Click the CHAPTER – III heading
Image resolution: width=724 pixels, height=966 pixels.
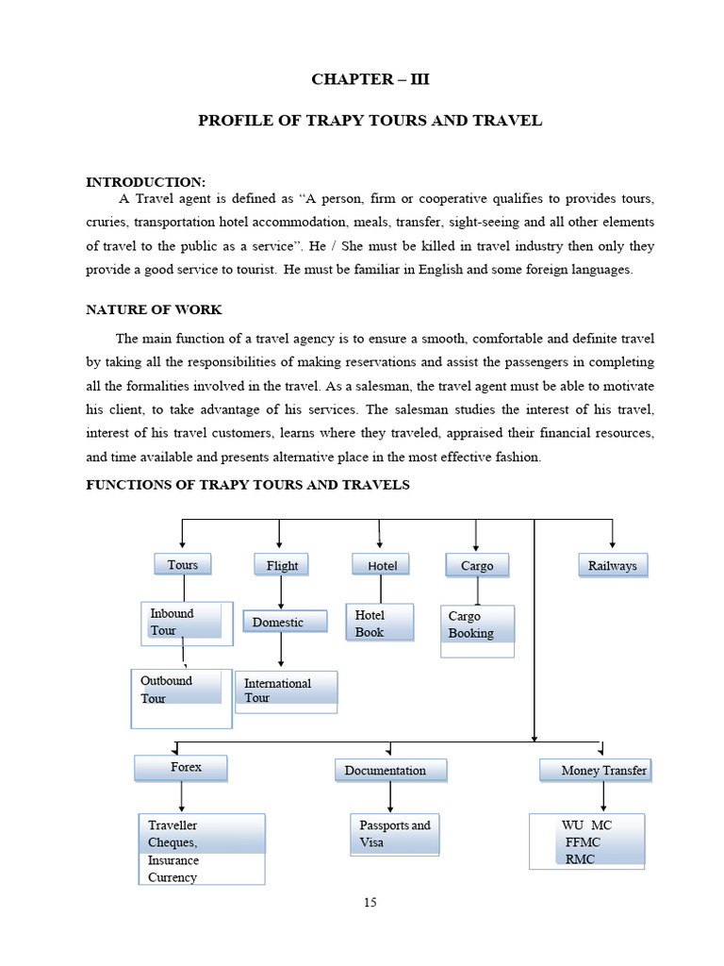(x=370, y=79)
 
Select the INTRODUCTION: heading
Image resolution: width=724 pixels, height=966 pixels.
(x=145, y=182)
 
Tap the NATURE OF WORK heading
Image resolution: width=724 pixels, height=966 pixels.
(x=154, y=309)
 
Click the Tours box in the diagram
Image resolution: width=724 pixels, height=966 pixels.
(x=183, y=564)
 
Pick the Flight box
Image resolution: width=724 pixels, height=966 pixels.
(x=282, y=565)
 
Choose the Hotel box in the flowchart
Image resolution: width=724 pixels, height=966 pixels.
(x=382, y=565)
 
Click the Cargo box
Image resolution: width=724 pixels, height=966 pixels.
(x=477, y=565)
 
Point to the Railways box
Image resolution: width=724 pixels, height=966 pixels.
(x=612, y=565)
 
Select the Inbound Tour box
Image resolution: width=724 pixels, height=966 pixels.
(x=186, y=623)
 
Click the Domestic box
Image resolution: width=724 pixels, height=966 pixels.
(x=285, y=622)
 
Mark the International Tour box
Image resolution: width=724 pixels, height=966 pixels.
(x=286, y=691)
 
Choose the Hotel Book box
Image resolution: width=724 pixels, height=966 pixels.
(x=379, y=624)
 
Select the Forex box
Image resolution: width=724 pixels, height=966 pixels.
(x=181, y=768)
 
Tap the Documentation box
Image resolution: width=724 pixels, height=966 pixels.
(x=390, y=771)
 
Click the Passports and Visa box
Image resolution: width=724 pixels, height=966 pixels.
(x=394, y=834)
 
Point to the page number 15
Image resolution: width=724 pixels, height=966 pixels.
(x=370, y=903)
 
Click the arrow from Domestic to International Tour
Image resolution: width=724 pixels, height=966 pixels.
(x=281, y=651)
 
